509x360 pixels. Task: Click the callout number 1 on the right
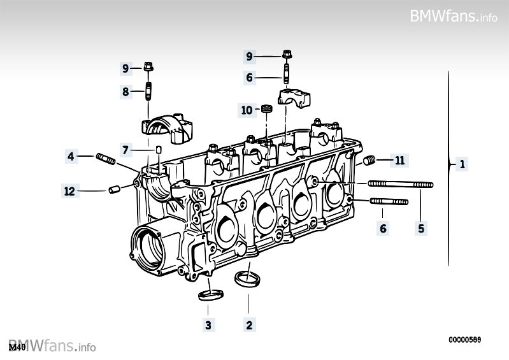[462, 164]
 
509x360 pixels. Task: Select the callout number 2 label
[249, 325]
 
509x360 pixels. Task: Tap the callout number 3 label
[208, 325]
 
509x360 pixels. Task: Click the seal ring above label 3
[211, 295]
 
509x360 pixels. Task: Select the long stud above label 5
[401, 185]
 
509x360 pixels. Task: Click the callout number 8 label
[126, 92]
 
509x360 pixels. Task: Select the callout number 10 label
[247, 111]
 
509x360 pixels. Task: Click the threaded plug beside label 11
[370, 161]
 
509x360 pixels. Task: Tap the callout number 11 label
[399, 161]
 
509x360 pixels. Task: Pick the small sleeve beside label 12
[115, 189]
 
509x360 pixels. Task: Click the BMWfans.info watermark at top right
[454, 16]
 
